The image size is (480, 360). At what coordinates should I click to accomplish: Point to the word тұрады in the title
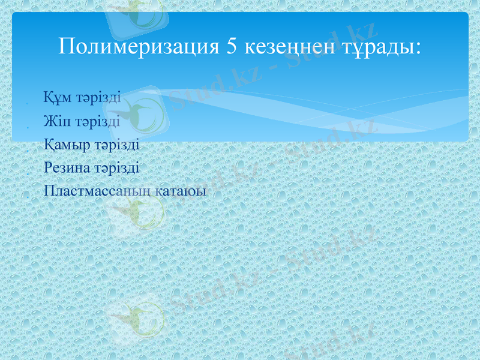click(x=376, y=46)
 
